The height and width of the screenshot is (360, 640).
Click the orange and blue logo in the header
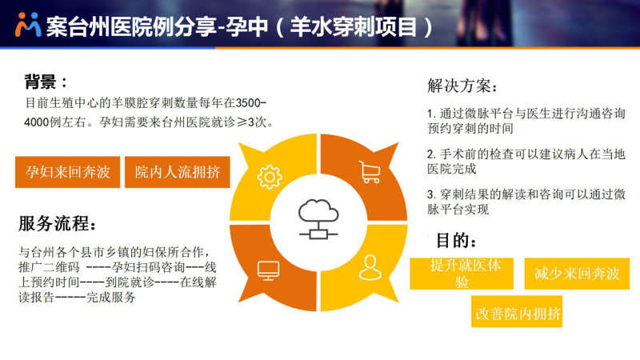coord(28,25)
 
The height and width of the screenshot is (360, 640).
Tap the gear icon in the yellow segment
coord(270,177)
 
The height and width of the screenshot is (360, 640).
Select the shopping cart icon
coord(370,171)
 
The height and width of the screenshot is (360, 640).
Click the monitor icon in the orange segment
coord(269,270)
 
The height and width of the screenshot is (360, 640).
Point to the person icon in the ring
coord(370,267)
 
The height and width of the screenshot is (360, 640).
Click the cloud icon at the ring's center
coord(318,218)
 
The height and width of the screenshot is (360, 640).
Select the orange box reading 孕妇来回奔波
coord(68,172)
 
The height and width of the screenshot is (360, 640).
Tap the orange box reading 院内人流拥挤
coord(178,172)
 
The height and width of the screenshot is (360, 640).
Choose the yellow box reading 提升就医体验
coord(462,274)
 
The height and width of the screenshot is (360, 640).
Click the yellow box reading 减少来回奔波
coord(577,274)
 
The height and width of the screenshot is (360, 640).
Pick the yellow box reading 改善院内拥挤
coord(517,312)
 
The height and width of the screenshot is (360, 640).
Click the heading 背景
coord(40,82)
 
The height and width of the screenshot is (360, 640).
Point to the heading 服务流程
coord(53,223)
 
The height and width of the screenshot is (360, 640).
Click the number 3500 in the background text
coord(248,103)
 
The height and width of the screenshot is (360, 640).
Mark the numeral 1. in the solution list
coord(432,114)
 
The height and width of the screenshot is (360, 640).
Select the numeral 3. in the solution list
coord(432,194)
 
